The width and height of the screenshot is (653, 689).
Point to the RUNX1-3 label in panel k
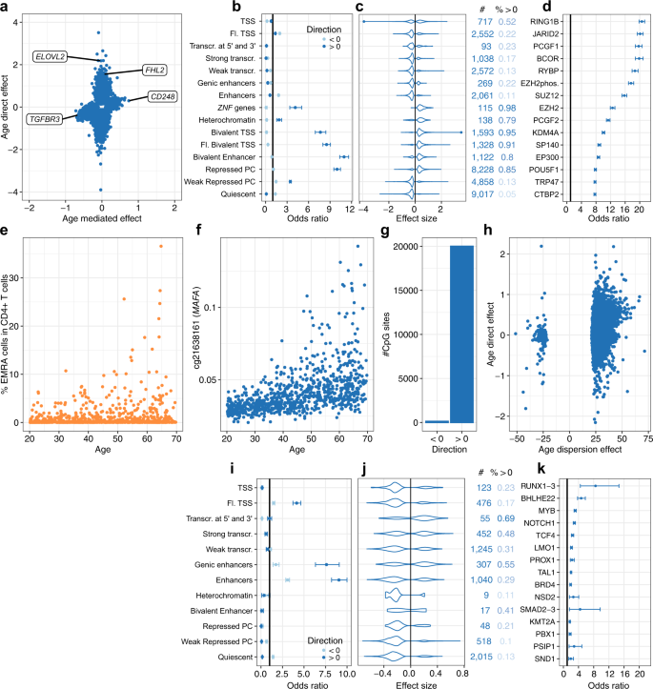click(x=540, y=485)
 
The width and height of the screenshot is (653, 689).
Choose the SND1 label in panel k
click(x=547, y=657)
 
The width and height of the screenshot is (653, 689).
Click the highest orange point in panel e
click(x=161, y=246)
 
